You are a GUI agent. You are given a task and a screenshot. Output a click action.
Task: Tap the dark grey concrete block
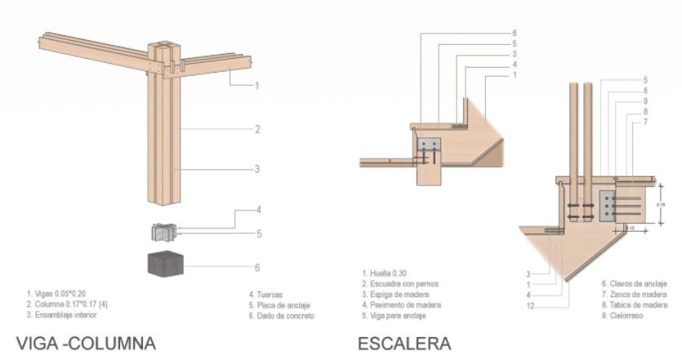(165, 265)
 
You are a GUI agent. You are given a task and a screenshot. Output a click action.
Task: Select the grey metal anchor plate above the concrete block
(165, 232)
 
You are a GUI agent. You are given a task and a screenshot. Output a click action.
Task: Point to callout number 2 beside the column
(256, 129)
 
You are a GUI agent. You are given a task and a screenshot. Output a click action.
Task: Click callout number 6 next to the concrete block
(257, 267)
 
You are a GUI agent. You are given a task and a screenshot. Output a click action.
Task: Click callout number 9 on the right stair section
(644, 101)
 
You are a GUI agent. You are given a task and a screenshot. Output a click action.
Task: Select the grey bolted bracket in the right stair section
(609, 206)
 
